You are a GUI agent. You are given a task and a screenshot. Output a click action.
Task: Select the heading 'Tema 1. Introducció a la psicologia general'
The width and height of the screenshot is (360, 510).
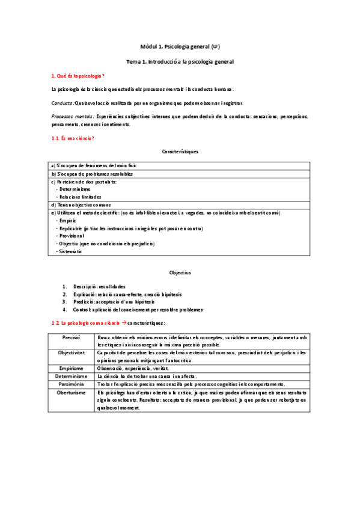tap(180, 61)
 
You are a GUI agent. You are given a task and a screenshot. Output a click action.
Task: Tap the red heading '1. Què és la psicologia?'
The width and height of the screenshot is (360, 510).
tap(78, 75)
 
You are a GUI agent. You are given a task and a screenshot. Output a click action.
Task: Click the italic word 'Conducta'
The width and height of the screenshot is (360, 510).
tap(63, 103)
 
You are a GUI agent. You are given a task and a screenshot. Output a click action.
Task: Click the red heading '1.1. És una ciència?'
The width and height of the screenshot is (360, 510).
tap(72, 138)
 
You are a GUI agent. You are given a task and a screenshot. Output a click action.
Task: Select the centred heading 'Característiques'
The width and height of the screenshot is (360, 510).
tap(180, 152)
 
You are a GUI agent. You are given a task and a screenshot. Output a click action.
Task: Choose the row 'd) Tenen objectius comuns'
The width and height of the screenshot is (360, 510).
tap(78, 204)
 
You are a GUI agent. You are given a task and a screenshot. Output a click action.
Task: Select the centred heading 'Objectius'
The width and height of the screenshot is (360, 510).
tap(180, 272)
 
